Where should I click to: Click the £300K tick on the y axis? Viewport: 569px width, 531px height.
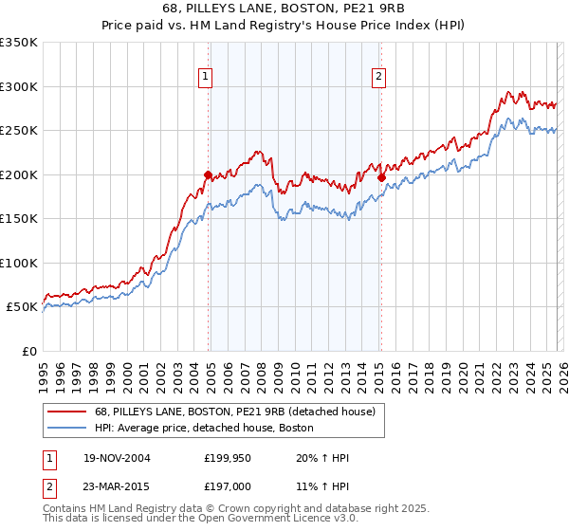coord(19,86)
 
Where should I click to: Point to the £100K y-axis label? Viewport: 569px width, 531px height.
coord(19,263)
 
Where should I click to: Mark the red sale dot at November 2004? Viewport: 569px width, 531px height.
coord(209,174)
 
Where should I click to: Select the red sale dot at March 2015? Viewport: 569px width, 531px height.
coord(381,176)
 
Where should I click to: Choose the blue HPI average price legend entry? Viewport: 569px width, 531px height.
coord(204,429)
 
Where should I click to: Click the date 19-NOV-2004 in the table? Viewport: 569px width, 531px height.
coord(117,458)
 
